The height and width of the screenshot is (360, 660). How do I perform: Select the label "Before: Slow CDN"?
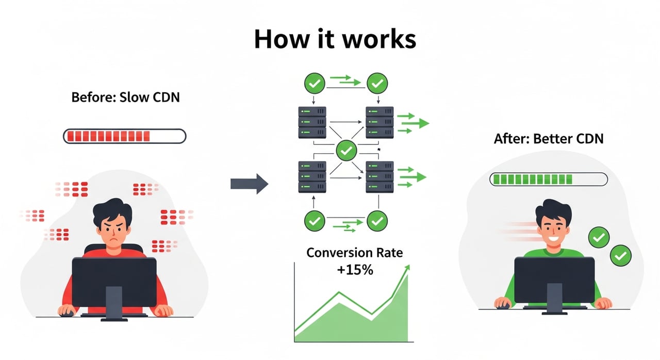pos(125,97)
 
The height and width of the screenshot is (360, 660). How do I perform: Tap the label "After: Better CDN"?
pos(548,138)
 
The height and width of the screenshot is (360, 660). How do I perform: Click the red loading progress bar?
pos(124,136)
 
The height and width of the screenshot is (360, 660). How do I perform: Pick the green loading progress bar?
pos(548,179)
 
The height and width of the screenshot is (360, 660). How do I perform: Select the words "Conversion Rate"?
pos(354,253)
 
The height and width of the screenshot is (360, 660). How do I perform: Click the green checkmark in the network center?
pos(346,151)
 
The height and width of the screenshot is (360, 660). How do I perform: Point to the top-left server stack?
pos(312,122)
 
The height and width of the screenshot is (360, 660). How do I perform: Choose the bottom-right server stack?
pos(379,176)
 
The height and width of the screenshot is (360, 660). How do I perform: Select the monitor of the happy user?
pos(554,279)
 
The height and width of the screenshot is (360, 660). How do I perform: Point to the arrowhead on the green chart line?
pos(408,268)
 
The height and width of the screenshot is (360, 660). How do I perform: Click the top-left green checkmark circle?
pos(315,83)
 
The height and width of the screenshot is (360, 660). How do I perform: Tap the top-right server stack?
pos(379,122)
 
